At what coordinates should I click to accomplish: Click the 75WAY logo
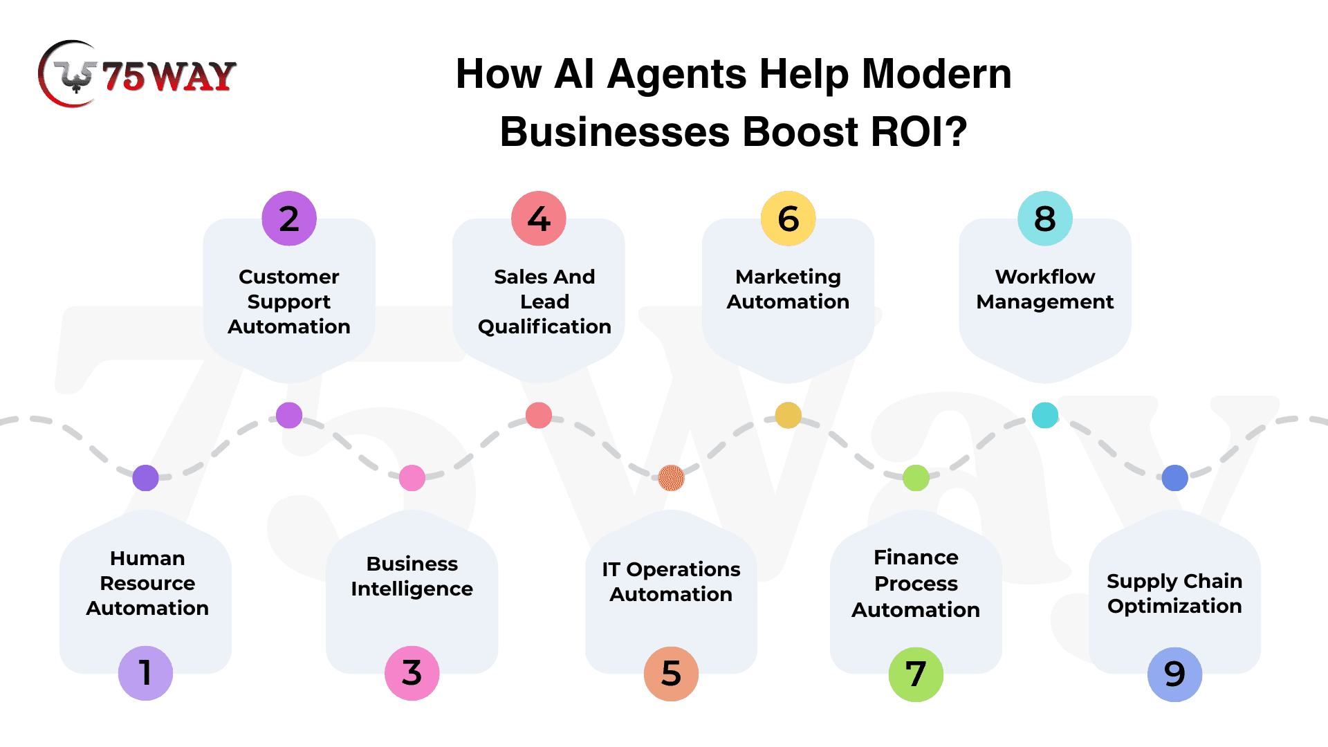[137, 74]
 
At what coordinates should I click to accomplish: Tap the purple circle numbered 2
[289, 219]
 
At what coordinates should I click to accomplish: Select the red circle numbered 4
[539, 219]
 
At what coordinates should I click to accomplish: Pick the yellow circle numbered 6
[788, 219]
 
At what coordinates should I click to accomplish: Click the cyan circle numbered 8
[1045, 219]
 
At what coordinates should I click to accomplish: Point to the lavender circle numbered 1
[145, 673]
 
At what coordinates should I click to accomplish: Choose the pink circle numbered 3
[412, 673]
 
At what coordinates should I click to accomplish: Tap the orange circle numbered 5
[671, 674]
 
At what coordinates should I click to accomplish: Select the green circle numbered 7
[916, 674]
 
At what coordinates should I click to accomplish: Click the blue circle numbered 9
[1174, 674]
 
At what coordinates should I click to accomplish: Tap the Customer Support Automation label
[289, 302]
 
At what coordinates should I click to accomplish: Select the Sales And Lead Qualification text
[544, 302]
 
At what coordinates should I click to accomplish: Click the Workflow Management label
[1045, 289]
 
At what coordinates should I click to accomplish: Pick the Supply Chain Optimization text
[1174, 593]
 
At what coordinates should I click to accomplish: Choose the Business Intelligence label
[412, 576]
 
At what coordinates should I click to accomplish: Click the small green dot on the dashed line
[916, 478]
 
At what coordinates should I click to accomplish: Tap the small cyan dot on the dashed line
[1045, 415]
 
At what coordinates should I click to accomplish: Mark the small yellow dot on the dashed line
[788, 415]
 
